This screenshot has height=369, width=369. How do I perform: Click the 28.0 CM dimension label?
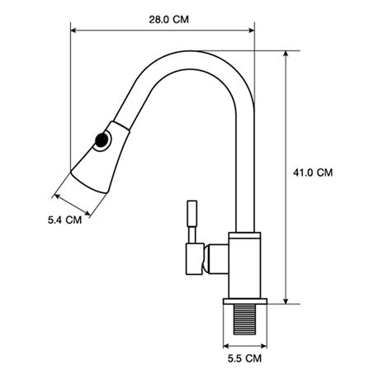pos(168,20)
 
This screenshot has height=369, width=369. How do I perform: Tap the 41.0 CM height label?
pos(313,173)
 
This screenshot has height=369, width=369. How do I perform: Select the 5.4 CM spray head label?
pos(65,220)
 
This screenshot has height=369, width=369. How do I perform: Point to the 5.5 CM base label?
pos(244,358)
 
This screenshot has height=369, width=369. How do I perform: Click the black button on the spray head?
pos(102,140)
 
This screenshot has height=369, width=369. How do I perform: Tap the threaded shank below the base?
pos(244,319)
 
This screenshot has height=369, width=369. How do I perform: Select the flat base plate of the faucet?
pos(245,301)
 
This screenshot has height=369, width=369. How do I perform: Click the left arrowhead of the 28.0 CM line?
pos(73,31)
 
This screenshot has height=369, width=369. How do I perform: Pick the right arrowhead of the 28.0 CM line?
pos(252,31)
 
